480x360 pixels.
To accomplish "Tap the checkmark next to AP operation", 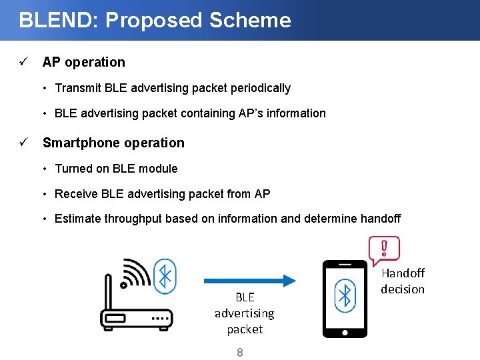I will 23,62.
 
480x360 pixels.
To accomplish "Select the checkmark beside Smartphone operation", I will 23,143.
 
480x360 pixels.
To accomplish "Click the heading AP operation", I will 83,62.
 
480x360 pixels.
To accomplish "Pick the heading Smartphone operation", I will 113,143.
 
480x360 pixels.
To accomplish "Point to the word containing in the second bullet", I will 209,113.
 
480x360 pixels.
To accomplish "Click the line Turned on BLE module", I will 116,169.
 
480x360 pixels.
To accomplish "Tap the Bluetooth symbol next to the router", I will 165,275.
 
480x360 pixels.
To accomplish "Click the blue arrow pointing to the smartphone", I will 249,280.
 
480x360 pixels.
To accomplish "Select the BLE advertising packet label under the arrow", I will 244,313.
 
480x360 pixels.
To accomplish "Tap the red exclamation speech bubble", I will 384,250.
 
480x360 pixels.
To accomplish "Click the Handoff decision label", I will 403,281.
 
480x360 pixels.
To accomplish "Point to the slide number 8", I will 240,352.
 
